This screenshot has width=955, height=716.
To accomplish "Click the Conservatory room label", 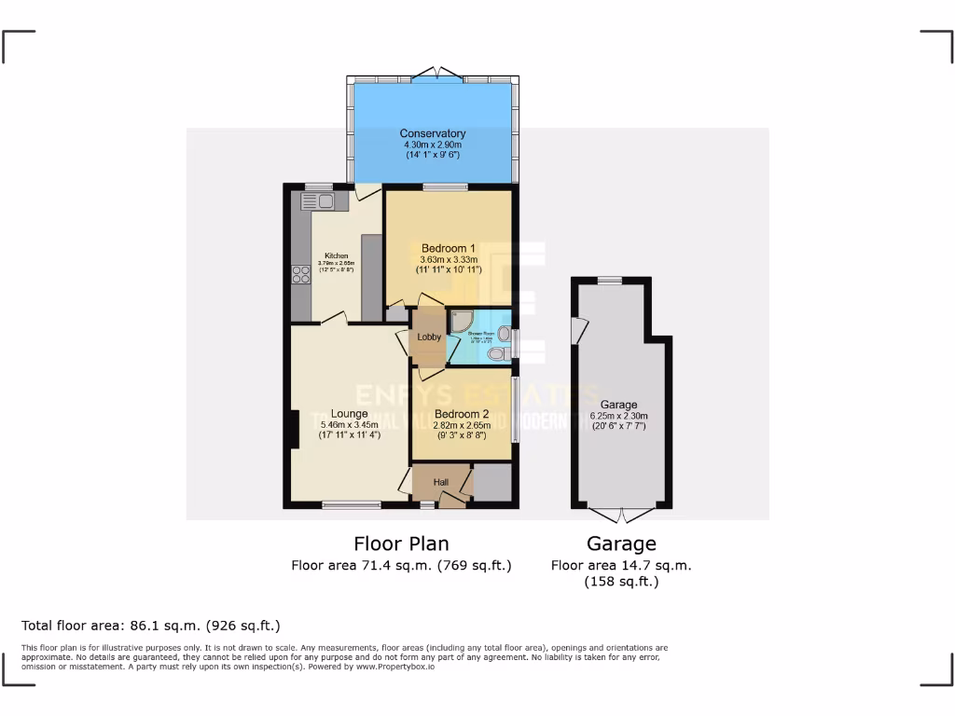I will point(433,134).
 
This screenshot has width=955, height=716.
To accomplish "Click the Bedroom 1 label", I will point(449,248).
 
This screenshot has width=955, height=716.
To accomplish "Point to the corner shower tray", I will point(459,322).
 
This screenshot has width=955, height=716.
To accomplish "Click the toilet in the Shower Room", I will point(497,353).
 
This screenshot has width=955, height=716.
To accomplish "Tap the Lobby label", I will point(429,337).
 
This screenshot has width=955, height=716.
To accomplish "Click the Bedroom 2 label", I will point(462,414).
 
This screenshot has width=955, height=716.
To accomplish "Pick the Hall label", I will point(441,481).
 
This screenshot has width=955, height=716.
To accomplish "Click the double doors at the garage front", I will point(621,513).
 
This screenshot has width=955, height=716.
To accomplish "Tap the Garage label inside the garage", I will point(618,405).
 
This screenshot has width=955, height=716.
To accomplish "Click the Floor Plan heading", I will point(401,544).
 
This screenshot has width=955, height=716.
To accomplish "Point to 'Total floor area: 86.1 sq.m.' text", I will point(150,626).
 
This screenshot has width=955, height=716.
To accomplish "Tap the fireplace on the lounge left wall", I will point(293,432).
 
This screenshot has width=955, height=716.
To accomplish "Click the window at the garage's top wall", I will point(610,281).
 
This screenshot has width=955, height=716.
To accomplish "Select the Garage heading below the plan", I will point(621,544).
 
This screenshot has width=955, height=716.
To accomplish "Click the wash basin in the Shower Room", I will point(505,334).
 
